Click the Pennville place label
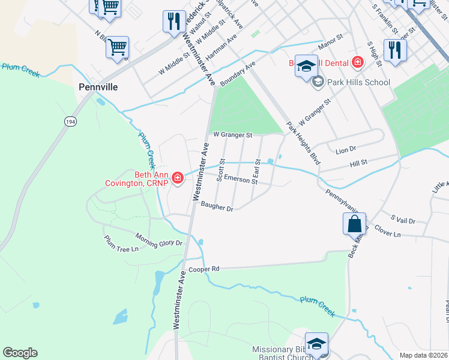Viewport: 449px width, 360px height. click(x=98, y=87)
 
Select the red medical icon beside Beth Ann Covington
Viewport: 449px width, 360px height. click(x=177, y=178)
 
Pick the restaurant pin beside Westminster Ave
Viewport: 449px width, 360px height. click(x=173, y=21)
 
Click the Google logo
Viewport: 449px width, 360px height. click(x=20, y=353)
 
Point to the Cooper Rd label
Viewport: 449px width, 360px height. click(x=202, y=269)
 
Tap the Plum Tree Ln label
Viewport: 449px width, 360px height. click(x=121, y=244)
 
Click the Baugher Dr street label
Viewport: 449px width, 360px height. click(x=217, y=207)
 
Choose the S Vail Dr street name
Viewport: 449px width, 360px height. click(x=403, y=220)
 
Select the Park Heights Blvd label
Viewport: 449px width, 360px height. click(x=303, y=144)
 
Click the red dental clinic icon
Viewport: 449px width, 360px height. click(x=358, y=62)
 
